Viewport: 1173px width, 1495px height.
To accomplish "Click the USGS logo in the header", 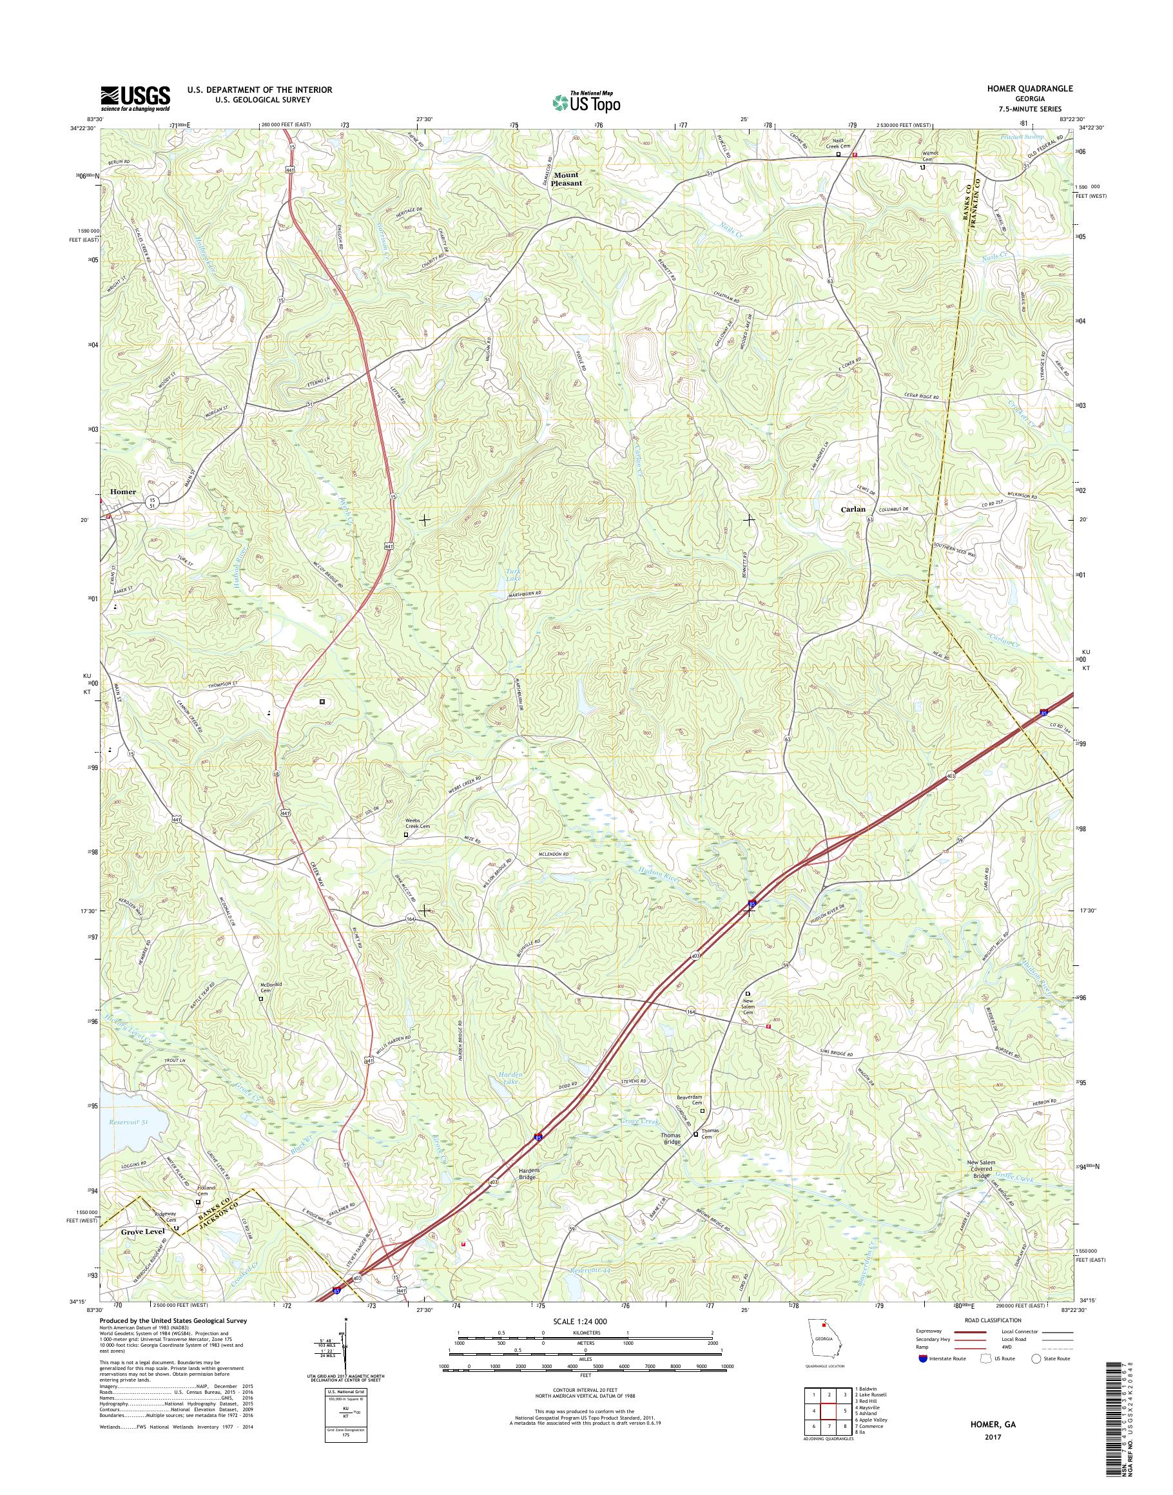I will (x=135, y=98).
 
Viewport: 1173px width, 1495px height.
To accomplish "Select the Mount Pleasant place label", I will (x=567, y=179).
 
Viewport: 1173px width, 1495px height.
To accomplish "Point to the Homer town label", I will (x=123, y=492).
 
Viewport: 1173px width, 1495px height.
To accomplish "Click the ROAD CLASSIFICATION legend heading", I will (x=994, y=1320).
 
